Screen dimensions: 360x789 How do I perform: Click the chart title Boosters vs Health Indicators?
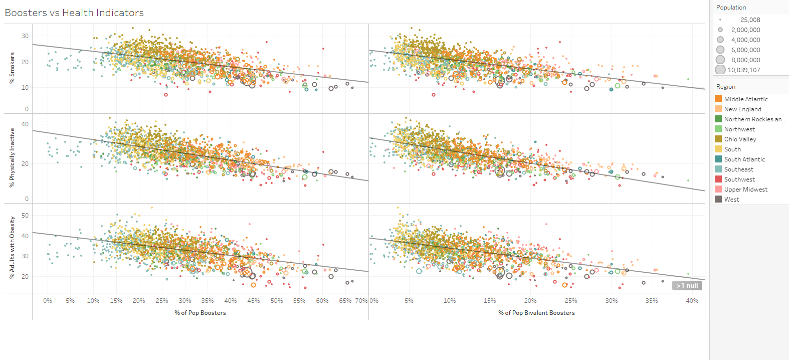[x=74, y=13]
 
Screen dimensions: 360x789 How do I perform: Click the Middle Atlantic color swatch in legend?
[x=718, y=99]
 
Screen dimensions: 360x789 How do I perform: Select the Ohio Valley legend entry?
[x=740, y=139]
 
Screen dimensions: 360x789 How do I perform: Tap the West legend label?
[x=731, y=200]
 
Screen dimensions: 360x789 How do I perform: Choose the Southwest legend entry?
[x=739, y=179]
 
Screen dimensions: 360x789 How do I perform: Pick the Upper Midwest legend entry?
[x=745, y=190]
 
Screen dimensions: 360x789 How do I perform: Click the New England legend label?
[x=742, y=109]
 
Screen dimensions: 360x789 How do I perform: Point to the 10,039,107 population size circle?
[x=720, y=70]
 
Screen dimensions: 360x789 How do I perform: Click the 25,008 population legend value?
[x=750, y=20]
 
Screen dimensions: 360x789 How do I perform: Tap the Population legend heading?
[x=731, y=8]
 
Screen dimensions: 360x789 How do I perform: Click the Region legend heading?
[x=725, y=87]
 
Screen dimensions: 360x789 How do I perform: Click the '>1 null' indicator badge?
[x=687, y=286]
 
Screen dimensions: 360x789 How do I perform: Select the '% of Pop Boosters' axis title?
[x=200, y=313]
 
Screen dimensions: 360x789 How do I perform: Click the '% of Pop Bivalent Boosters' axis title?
[x=536, y=313]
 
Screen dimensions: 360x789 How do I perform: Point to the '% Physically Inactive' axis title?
[x=12, y=158]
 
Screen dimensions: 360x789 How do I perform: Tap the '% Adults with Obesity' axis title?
[x=12, y=248]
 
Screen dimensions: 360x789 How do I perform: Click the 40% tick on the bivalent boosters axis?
[x=692, y=301]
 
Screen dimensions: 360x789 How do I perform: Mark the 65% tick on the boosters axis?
[x=345, y=301]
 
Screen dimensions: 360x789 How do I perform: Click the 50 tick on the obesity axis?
[x=25, y=216]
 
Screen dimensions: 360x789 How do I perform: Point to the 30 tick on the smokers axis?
[x=25, y=36]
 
